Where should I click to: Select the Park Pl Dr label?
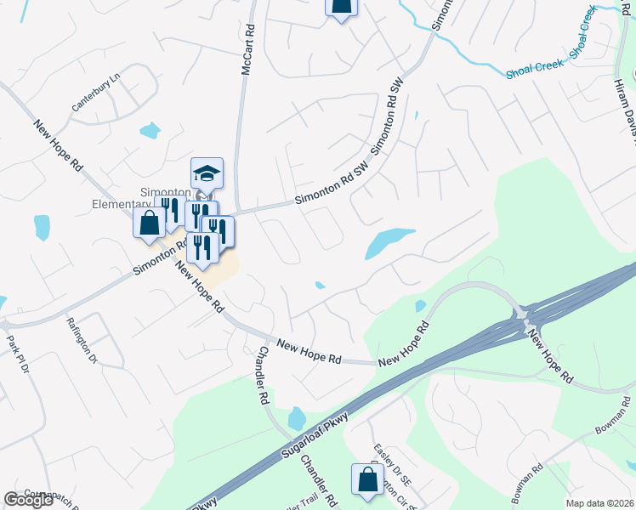click(18, 356)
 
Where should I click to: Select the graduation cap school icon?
click(207, 173)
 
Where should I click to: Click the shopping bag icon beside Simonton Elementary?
click(149, 223)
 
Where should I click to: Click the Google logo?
click(28, 500)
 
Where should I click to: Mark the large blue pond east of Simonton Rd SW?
click(387, 241)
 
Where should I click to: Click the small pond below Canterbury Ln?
click(150, 130)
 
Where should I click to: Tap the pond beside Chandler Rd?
click(296, 417)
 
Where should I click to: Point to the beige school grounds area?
click(221, 270)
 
